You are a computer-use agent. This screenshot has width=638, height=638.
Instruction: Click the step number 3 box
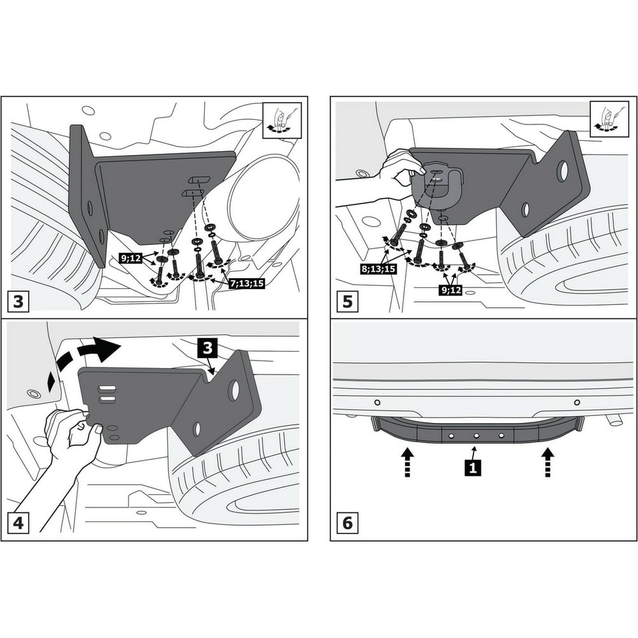tap(19, 302)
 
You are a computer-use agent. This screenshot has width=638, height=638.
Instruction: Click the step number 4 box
tap(19, 523)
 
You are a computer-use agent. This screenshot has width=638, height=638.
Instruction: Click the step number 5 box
tap(348, 302)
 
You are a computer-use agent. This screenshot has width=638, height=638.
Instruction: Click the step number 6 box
tap(348, 523)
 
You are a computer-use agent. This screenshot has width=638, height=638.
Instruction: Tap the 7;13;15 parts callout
tap(246, 284)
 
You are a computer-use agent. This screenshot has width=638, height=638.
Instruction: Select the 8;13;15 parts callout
tap(378, 269)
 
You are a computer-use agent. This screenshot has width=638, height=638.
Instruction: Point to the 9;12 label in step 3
tap(130, 258)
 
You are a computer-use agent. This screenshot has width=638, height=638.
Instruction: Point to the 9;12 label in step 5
tap(451, 290)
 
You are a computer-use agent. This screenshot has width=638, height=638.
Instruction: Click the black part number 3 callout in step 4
tap(207, 348)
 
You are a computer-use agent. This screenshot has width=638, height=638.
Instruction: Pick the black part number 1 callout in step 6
tap(473, 468)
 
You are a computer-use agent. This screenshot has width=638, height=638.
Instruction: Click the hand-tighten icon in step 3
tap(282, 121)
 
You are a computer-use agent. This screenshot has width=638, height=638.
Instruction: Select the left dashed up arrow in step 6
tap(407, 462)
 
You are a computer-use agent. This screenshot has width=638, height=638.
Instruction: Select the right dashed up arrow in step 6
tap(547, 462)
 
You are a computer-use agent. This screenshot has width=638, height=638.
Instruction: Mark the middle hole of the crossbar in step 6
tap(476, 436)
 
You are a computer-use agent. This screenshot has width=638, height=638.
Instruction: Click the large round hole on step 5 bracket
tap(563, 171)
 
